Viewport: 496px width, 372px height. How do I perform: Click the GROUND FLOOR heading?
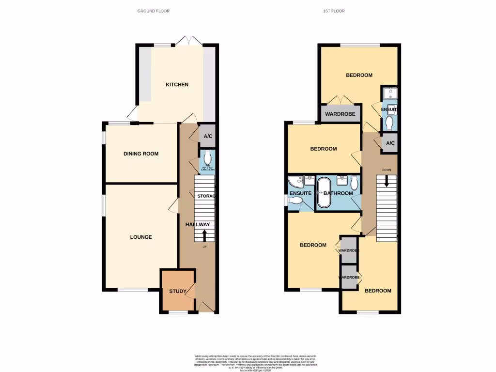(154, 11)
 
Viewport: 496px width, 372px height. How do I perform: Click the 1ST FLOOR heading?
(334, 11)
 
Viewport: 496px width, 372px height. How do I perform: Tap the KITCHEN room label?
(177, 85)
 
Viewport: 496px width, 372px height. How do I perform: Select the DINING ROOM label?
(141, 154)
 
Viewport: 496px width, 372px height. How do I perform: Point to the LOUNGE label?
(141, 237)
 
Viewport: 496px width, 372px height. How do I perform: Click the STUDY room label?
(177, 292)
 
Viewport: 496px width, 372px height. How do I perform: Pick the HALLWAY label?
(198, 225)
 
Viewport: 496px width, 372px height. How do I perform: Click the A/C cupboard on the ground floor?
(208, 137)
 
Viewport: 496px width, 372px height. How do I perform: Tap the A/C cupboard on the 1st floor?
(390, 144)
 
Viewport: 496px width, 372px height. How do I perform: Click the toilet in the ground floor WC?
(208, 157)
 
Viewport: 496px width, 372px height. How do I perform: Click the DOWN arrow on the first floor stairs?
(387, 181)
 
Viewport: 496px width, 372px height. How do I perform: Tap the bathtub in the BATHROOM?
(323, 192)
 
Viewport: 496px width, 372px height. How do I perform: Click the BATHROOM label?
(338, 193)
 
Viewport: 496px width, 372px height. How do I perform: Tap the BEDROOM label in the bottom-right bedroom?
(378, 291)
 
